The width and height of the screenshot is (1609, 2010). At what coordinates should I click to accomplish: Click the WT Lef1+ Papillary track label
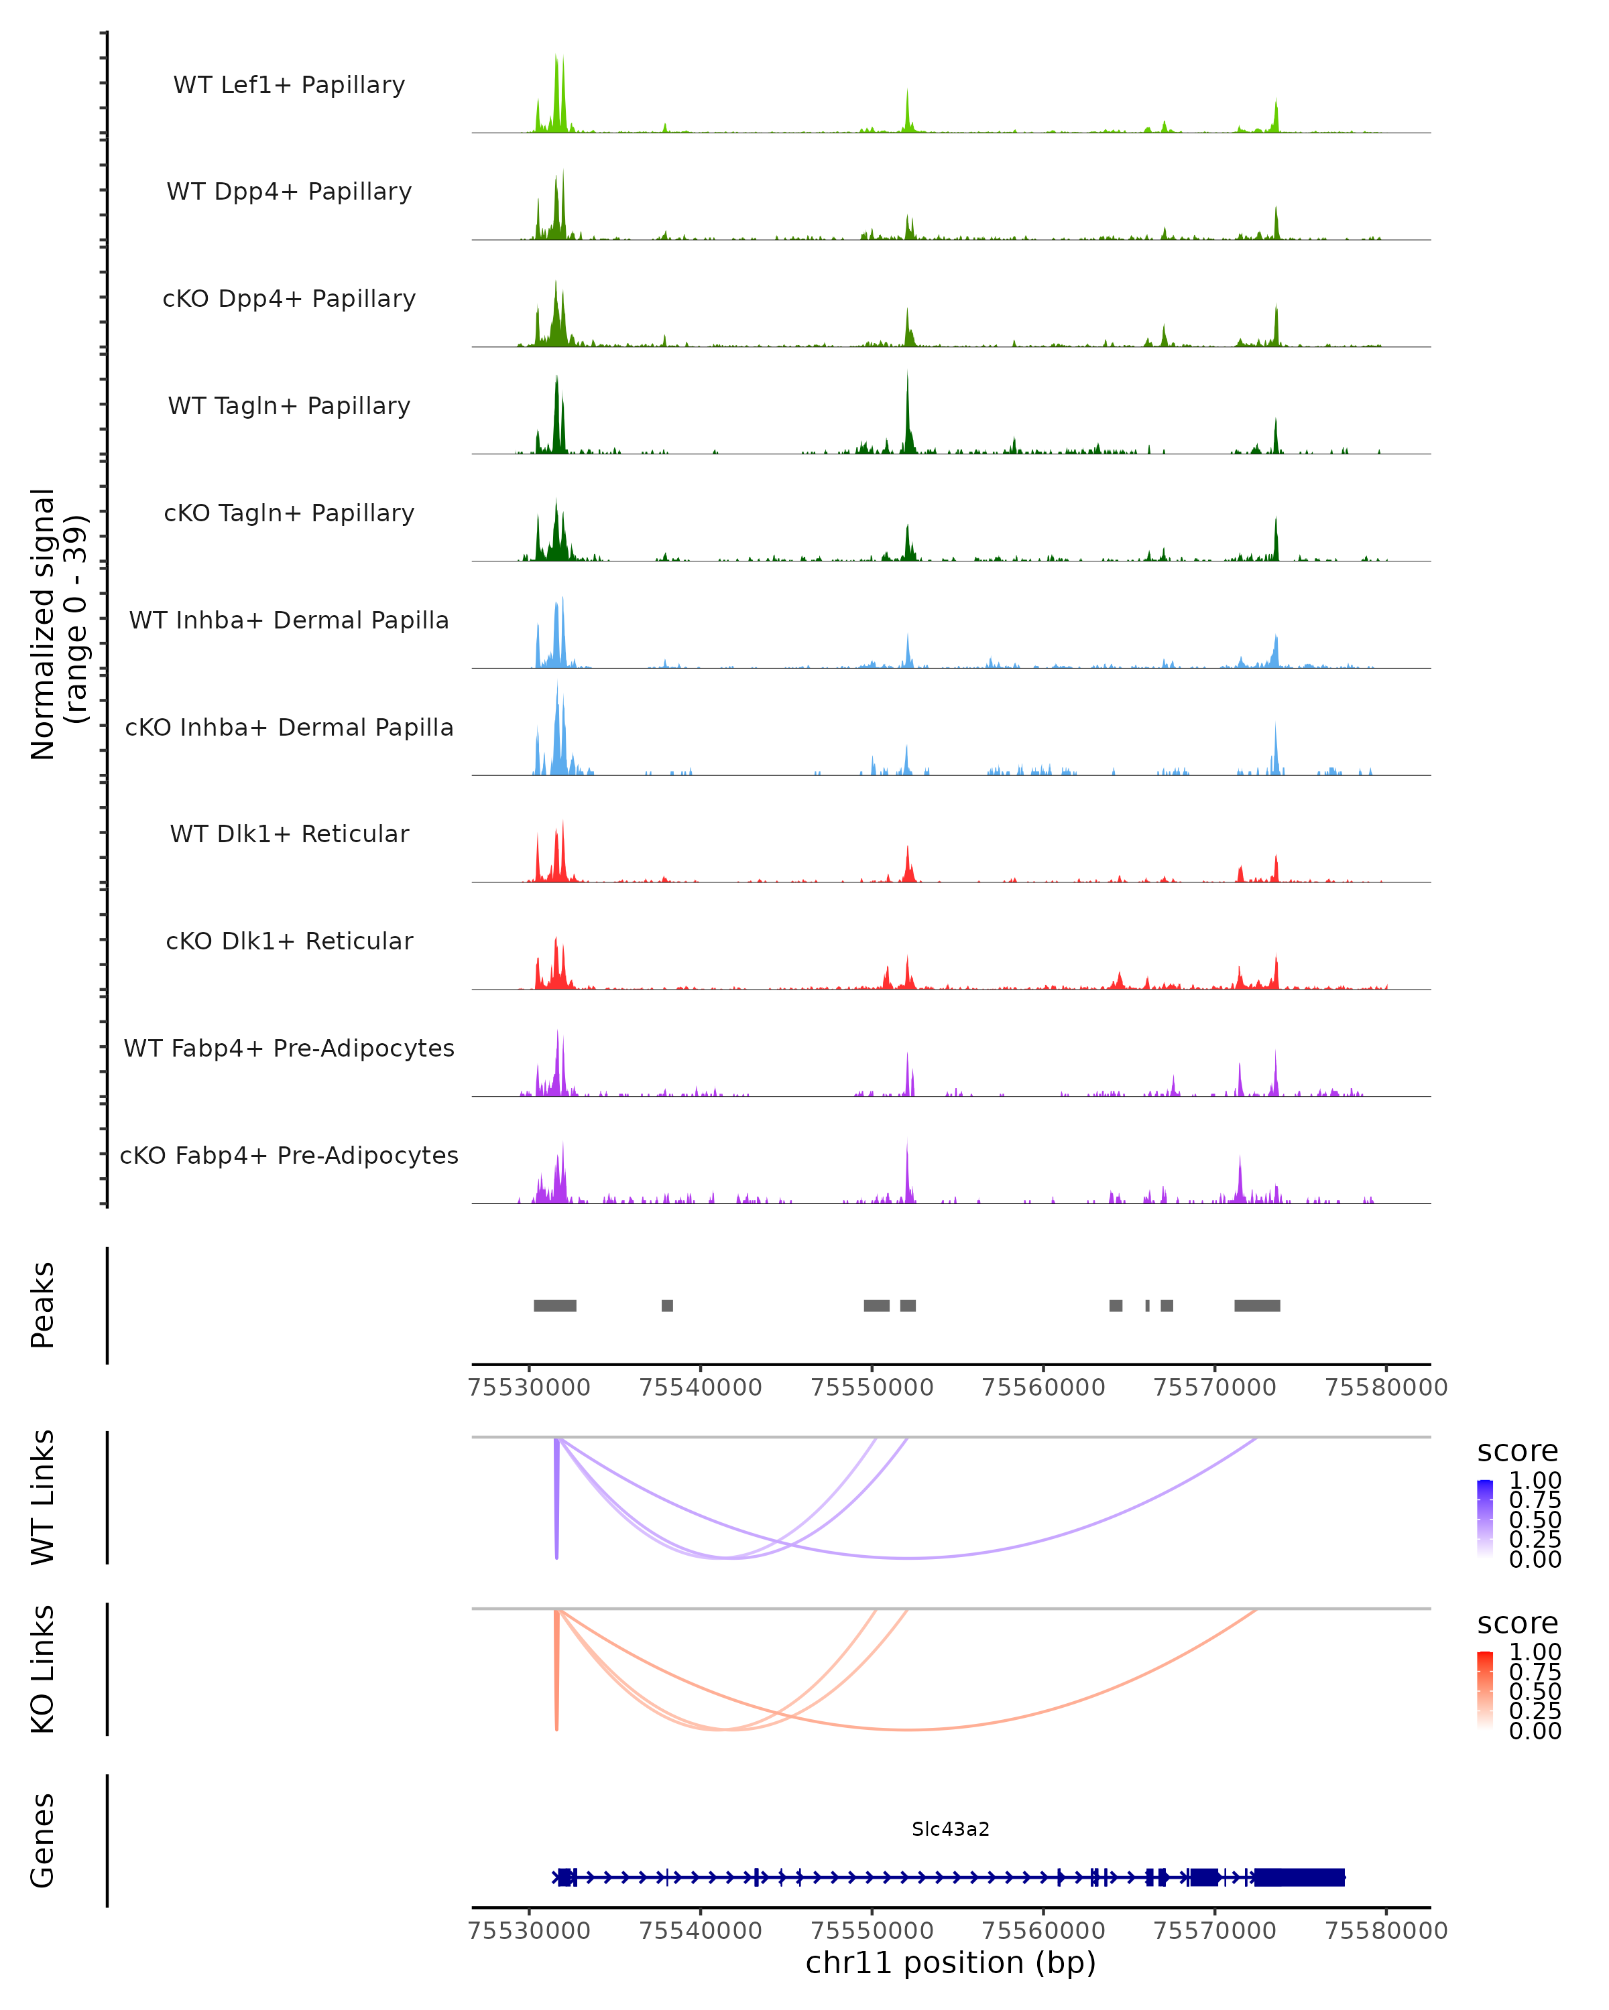point(289,85)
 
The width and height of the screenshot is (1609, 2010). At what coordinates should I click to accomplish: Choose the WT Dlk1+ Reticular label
point(289,833)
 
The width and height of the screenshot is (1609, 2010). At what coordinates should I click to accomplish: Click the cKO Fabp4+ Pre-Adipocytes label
point(289,1155)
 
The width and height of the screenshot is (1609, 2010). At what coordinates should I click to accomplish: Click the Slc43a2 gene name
point(951,1829)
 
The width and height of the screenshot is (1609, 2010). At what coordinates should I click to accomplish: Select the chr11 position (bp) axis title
point(951,1962)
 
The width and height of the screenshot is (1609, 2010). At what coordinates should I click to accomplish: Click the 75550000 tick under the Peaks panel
point(872,1388)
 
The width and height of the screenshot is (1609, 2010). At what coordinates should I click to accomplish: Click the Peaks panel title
point(43,1305)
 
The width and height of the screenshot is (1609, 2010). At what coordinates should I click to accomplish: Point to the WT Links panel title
point(43,1497)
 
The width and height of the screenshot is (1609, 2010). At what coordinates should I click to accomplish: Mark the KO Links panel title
point(43,1669)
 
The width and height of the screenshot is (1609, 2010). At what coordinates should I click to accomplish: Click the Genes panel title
point(43,1840)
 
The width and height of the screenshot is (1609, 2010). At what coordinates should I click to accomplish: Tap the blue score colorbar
point(1485,1520)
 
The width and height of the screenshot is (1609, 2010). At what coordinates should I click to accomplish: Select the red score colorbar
point(1485,1691)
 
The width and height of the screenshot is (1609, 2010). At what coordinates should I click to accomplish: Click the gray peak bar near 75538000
point(667,1305)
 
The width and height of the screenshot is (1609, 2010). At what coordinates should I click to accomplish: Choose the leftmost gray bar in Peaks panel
point(555,1305)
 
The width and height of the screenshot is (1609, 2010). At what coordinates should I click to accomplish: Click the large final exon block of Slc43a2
point(1299,1877)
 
